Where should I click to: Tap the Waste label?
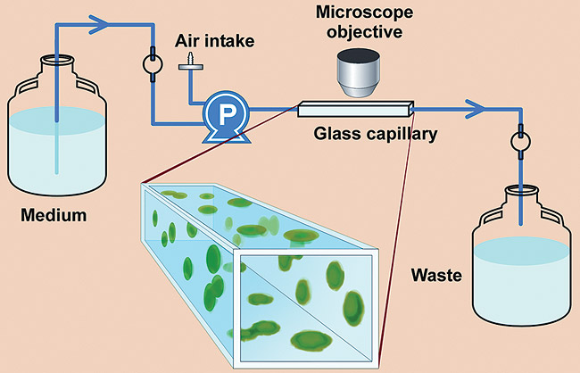click(435, 275)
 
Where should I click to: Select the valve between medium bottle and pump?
click(150, 69)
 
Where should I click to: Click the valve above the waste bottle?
click(520, 144)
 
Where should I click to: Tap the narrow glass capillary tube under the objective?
click(358, 110)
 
